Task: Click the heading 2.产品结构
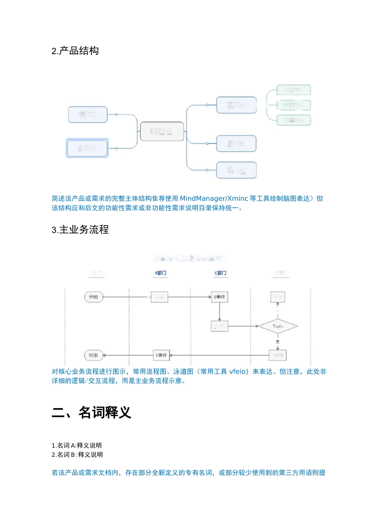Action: (x=75, y=51)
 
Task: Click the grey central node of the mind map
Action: (x=162, y=131)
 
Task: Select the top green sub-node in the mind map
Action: (x=293, y=90)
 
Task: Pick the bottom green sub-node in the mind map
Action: (x=293, y=120)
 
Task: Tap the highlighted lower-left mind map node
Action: (x=87, y=148)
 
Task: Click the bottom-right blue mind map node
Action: (x=236, y=170)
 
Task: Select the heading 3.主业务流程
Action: (x=80, y=230)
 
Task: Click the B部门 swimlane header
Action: (x=161, y=273)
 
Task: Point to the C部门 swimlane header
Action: (x=220, y=273)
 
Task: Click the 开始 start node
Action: (x=93, y=297)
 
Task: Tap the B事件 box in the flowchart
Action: (x=219, y=297)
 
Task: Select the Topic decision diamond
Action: (x=278, y=326)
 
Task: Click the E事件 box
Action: (x=161, y=355)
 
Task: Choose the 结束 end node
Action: (x=93, y=355)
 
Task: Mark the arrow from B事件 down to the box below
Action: (x=219, y=312)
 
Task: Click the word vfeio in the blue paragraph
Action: (x=238, y=371)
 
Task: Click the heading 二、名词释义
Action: (x=91, y=413)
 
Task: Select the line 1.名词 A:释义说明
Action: (x=77, y=445)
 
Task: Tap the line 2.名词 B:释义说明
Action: (x=77, y=455)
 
